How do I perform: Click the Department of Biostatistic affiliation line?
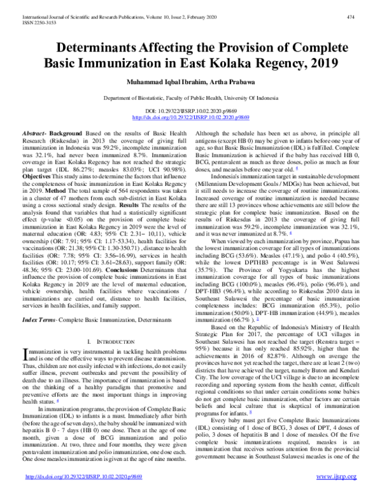[x=190, y=99]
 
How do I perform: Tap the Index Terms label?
[x=39, y=298]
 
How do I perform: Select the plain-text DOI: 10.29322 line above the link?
[x=190, y=111]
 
